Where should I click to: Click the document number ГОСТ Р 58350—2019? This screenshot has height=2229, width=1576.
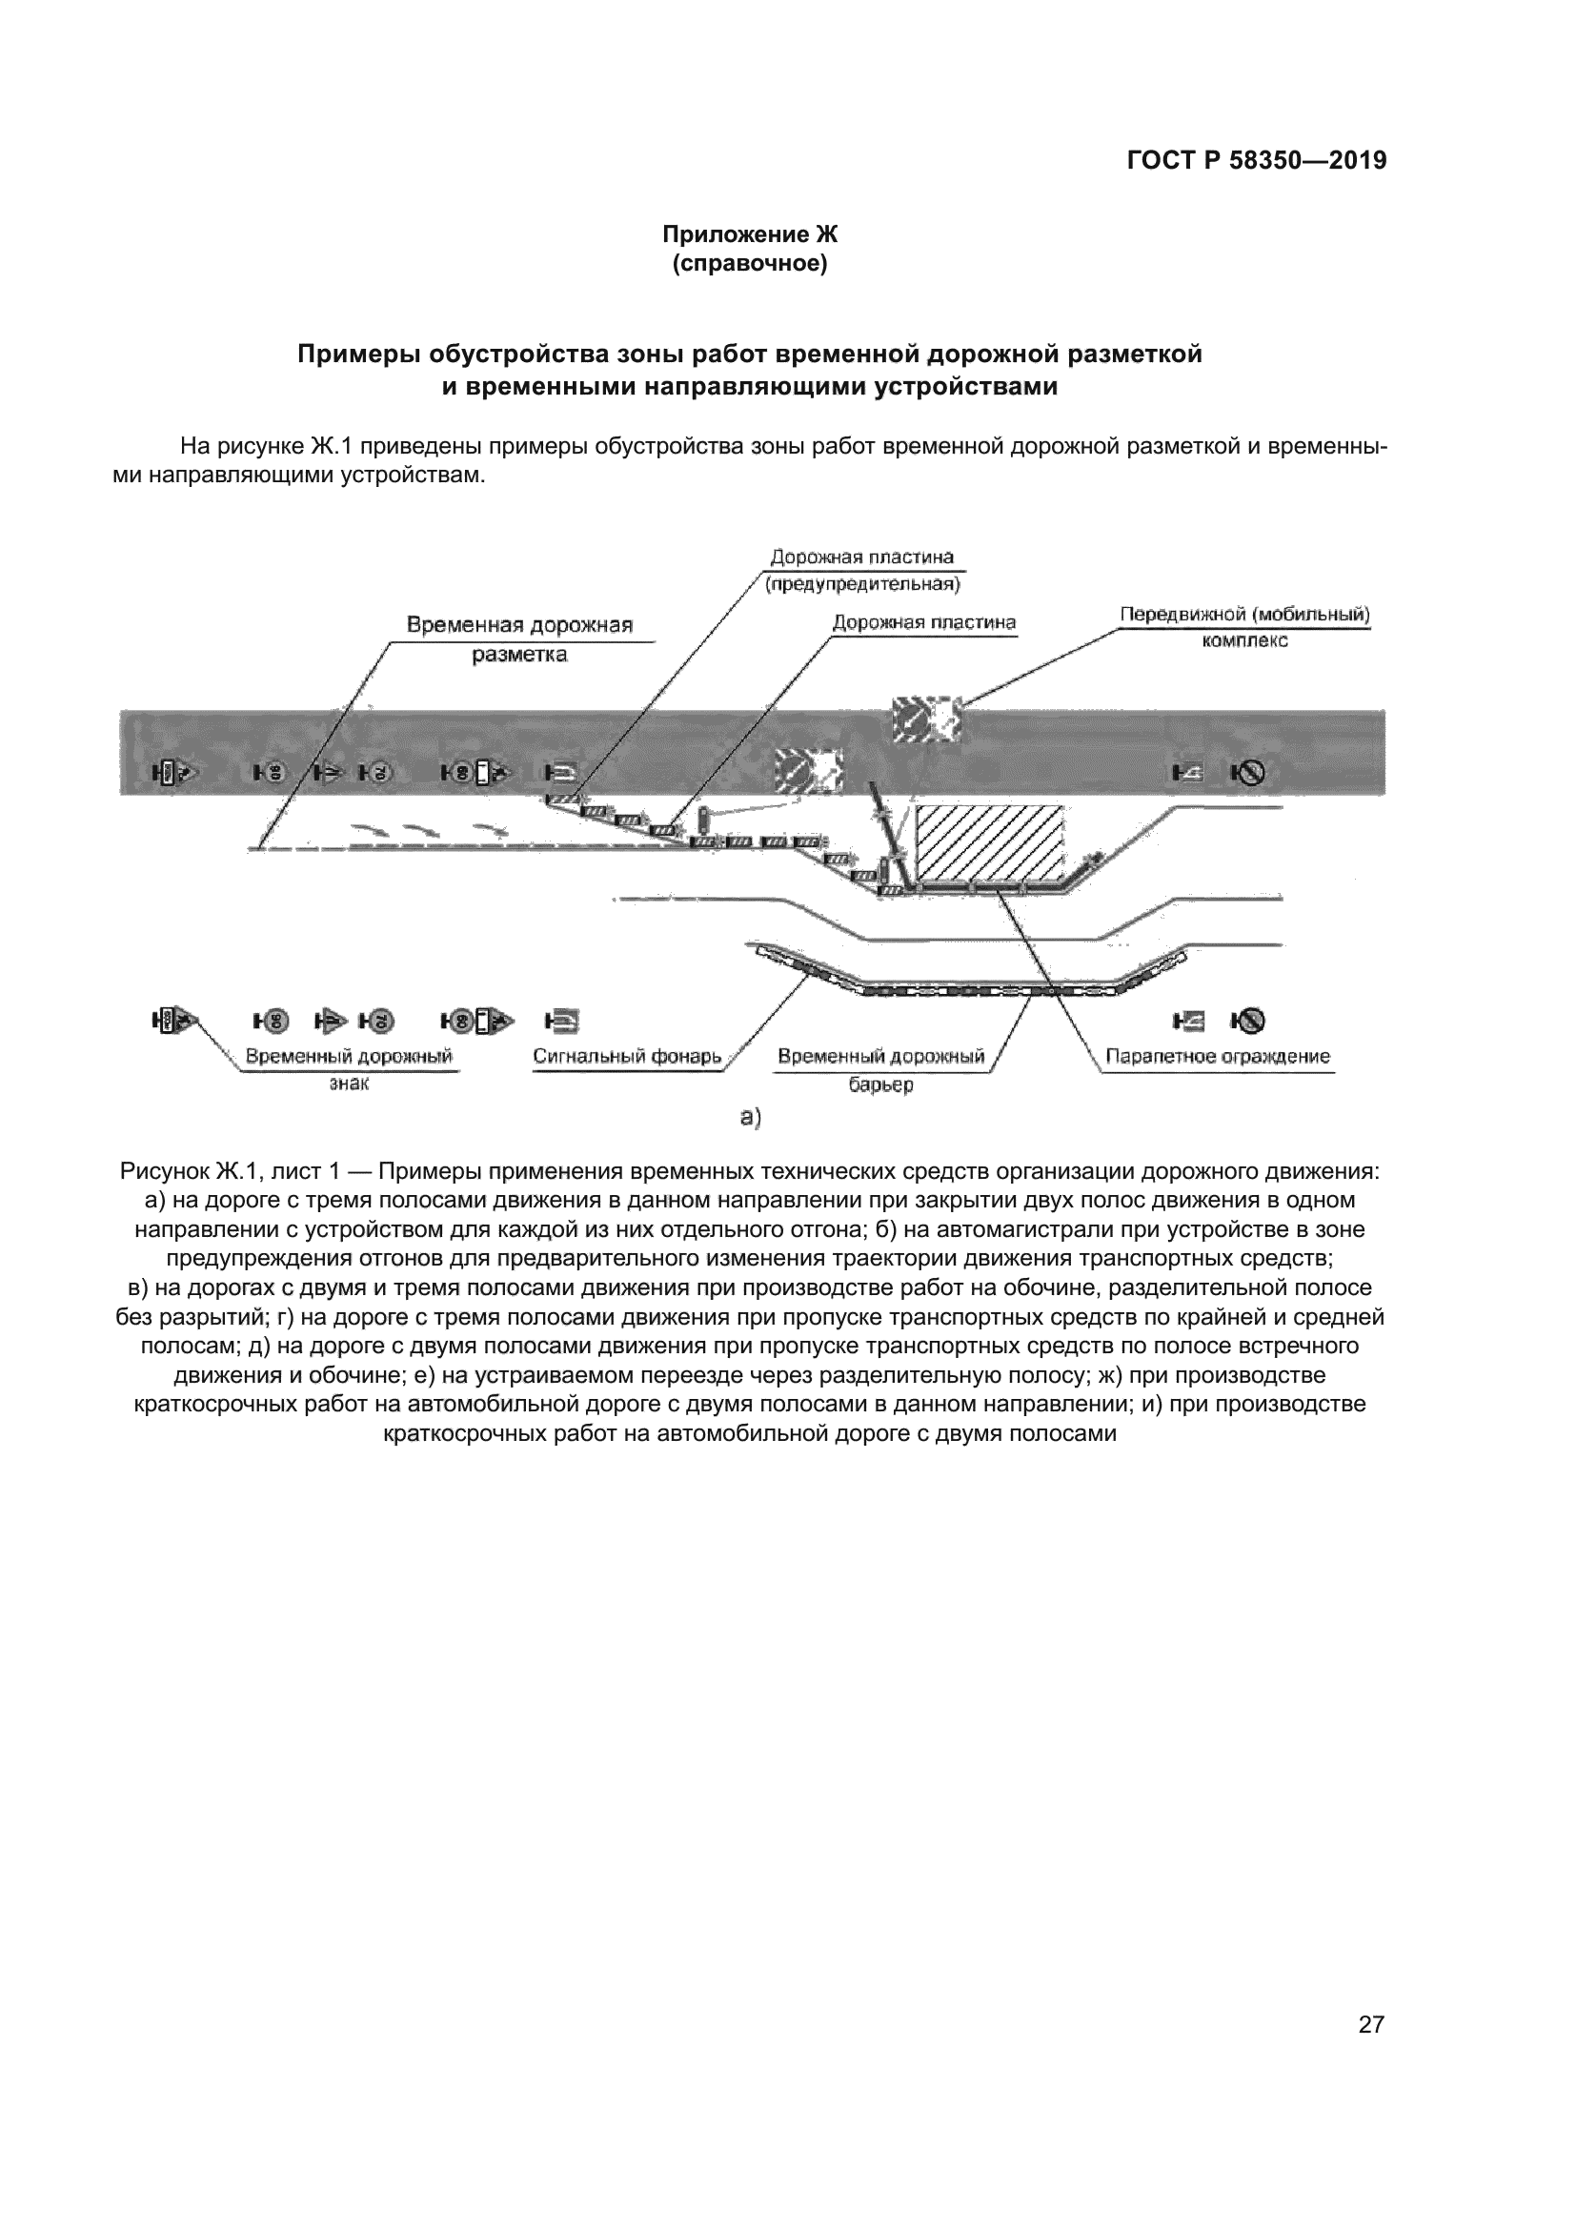tap(1257, 160)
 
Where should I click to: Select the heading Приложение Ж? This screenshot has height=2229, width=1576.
tap(749, 235)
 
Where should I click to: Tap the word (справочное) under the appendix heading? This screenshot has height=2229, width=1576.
tap(750, 264)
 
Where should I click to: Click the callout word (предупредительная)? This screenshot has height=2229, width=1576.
tap(862, 584)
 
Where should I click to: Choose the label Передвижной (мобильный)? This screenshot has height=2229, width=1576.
tap(1245, 615)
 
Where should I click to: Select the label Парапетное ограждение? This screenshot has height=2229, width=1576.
tap(1218, 1056)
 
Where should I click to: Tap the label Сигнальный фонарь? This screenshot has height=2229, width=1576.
tap(627, 1056)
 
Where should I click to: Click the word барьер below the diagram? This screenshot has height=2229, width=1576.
tap(881, 1085)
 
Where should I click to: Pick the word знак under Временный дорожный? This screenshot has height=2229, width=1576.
tap(350, 1084)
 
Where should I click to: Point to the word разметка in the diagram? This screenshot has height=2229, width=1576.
tap(519, 656)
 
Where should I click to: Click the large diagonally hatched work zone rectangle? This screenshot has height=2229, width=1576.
tap(990, 845)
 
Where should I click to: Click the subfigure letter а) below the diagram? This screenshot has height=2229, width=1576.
tap(751, 1118)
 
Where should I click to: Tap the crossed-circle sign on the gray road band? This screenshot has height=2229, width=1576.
tap(1248, 773)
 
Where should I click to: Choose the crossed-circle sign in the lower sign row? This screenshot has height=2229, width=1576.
tap(1248, 1021)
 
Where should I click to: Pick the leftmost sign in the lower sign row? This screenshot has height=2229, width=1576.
tap(174, 1021)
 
